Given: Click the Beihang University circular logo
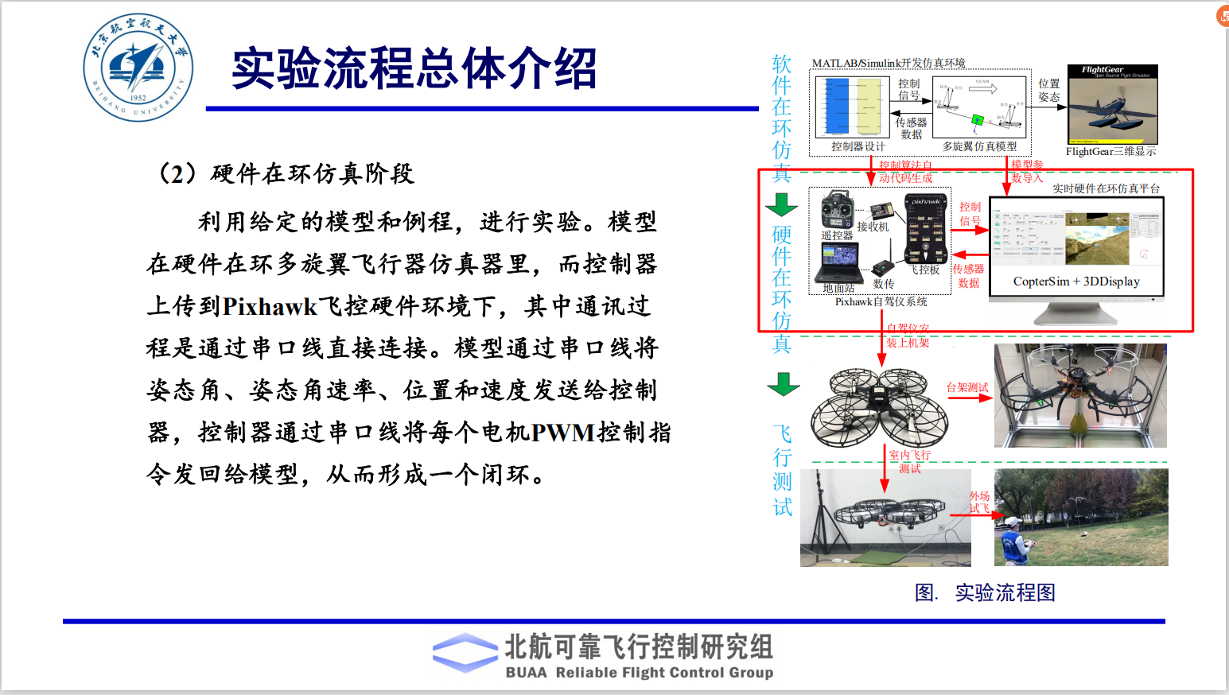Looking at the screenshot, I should pos(138,68).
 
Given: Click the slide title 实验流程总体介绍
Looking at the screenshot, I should pos(414,68).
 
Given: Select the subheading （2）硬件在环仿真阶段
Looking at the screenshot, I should pos(286,173).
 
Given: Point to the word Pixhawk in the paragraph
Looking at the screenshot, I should pos(270,306).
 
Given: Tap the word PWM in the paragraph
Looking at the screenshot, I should pos(562,433).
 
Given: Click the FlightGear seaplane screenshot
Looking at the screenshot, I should pos(1112,104).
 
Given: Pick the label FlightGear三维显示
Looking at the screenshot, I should pos(1110,151).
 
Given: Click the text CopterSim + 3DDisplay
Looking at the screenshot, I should pos(1076,281).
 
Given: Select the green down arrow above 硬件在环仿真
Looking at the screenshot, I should pos(782,204).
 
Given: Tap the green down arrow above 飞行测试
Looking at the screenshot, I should pos(783,384).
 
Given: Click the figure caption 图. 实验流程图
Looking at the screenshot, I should pos(985,592).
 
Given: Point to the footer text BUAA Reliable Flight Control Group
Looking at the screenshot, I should pos(640,673).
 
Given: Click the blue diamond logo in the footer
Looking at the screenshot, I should pos(466,654).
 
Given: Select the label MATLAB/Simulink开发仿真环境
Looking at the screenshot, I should pos(888,63).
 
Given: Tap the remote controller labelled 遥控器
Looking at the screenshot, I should pos(838,212).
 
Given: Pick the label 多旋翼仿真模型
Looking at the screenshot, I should pos(979,146).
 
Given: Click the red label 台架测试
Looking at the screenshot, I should pos(966,387).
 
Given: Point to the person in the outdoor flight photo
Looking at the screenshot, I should pos(1013,541).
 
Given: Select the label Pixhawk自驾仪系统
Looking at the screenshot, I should pos(881,302).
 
